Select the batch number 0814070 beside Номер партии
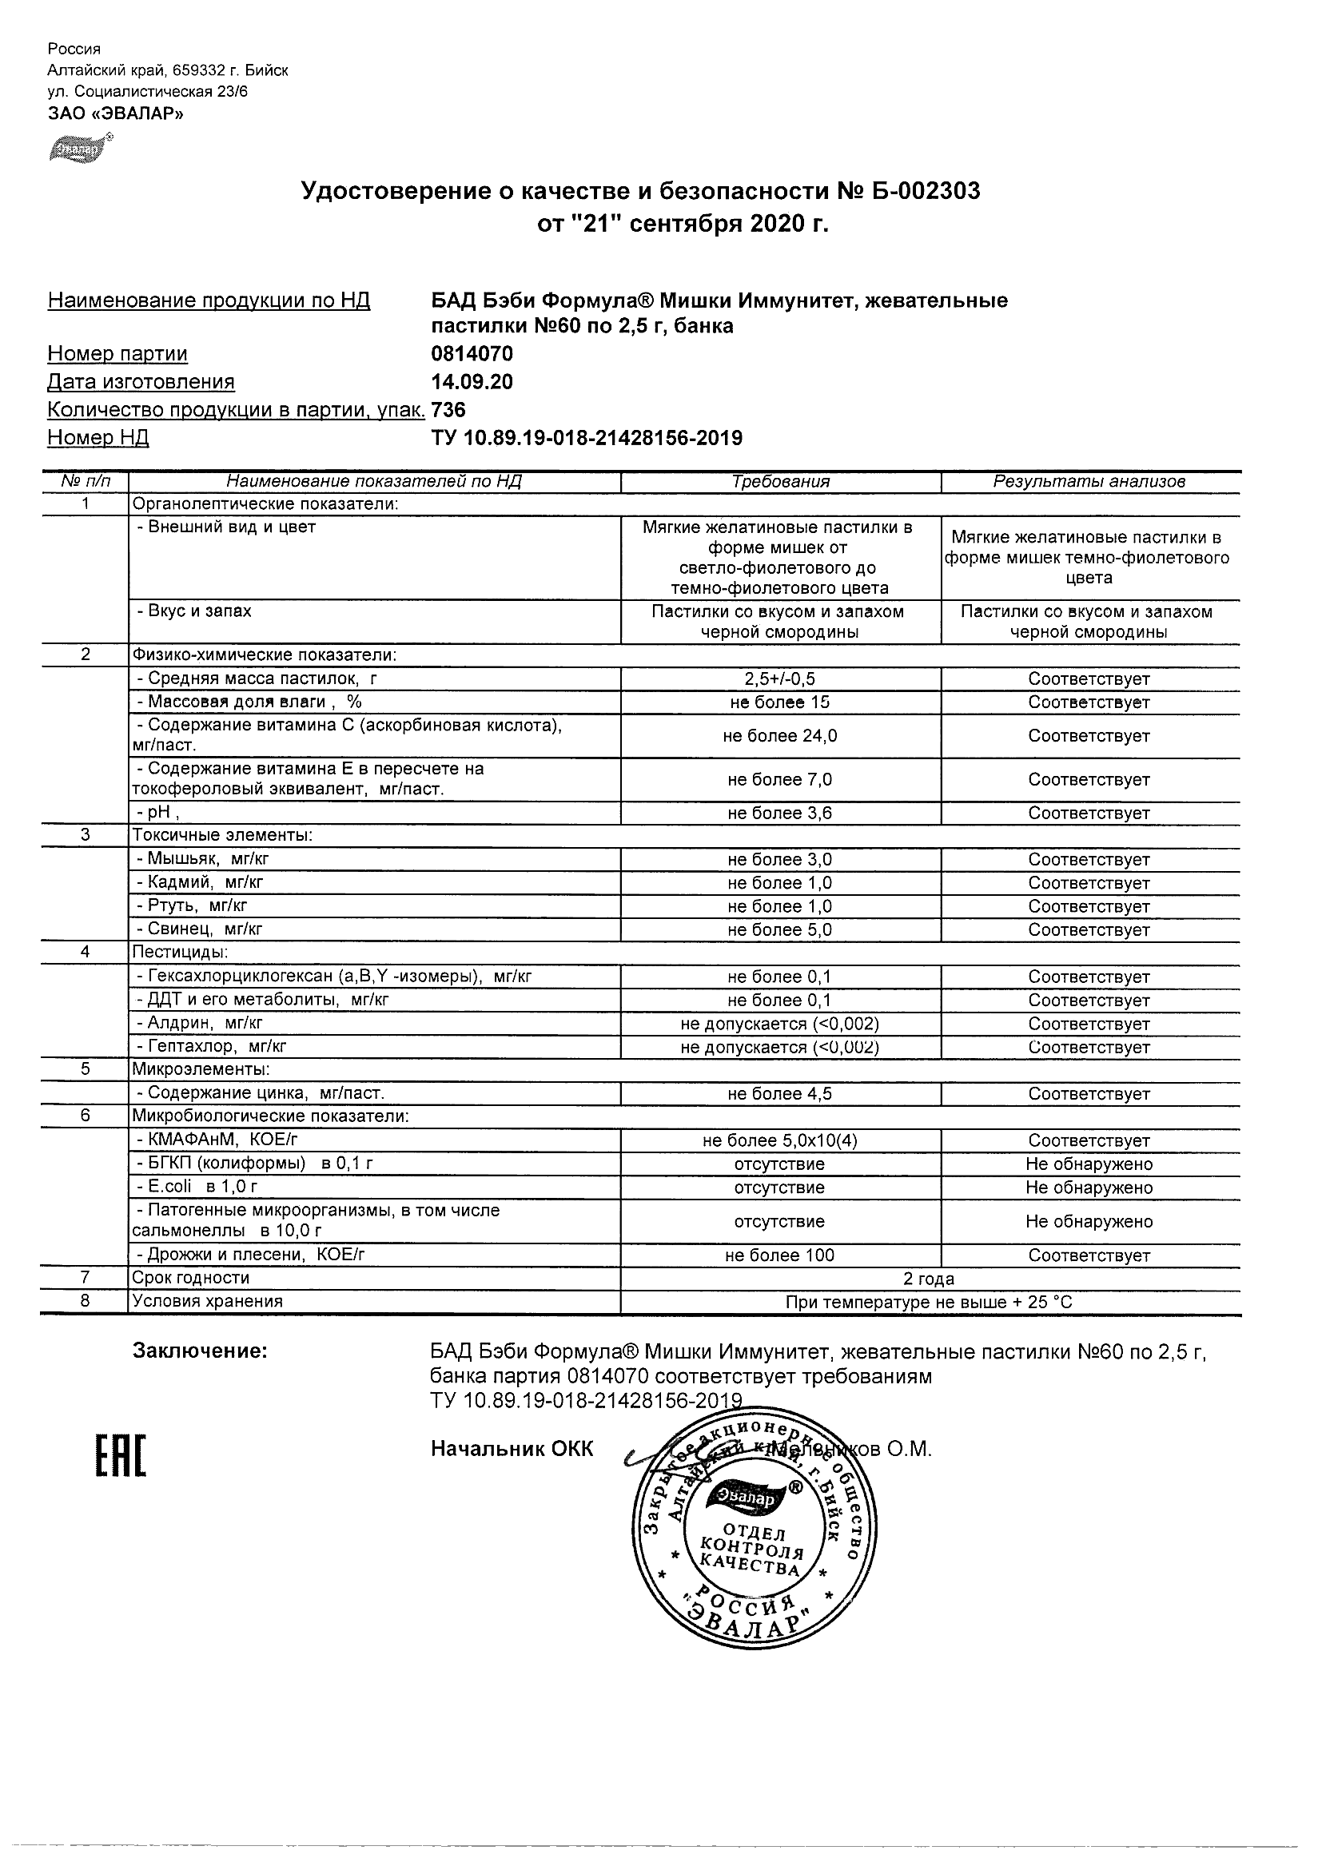click(472, 354)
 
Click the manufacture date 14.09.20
click(472, 382)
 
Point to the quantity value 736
click(448, 410)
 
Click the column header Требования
click(780, 481)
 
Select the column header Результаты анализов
click(1089, 481)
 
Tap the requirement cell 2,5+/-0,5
click(780, 679)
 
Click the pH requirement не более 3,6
click(780, 813)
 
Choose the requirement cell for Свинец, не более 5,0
click(780, 929)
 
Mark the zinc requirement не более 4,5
click(780, 1094)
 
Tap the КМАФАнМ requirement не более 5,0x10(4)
click(780, 1141)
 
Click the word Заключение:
click(200, 1351)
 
